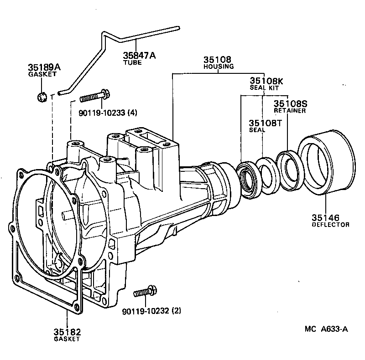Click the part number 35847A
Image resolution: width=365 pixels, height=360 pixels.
(139, 56)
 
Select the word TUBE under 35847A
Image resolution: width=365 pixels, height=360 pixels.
(132, 62)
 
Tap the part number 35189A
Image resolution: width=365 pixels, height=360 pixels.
(44, 67)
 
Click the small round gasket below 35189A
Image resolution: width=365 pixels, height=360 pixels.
(42, 97)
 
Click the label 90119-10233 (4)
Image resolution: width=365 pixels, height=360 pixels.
(108, 113)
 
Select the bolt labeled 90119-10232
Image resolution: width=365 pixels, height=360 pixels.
(145, 291)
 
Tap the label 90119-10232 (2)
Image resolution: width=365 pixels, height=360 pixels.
(151, 311)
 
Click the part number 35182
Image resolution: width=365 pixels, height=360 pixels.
(67, 332)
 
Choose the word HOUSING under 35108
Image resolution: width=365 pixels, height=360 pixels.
(219, 67)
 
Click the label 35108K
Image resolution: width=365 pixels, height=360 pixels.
(266, 81)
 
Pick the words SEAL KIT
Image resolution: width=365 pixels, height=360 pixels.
(264, 87)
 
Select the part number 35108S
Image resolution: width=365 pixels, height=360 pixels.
(290, 103)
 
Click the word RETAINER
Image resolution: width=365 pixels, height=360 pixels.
(290, 110)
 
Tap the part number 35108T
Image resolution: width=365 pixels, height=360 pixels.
(265, 123)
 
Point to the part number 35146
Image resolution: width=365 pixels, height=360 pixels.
(325, 218)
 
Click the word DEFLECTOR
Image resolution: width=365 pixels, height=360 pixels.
(330, 225)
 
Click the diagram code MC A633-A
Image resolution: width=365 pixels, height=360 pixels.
(326, 329)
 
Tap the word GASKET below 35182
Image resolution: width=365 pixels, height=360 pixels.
(67, 339)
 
